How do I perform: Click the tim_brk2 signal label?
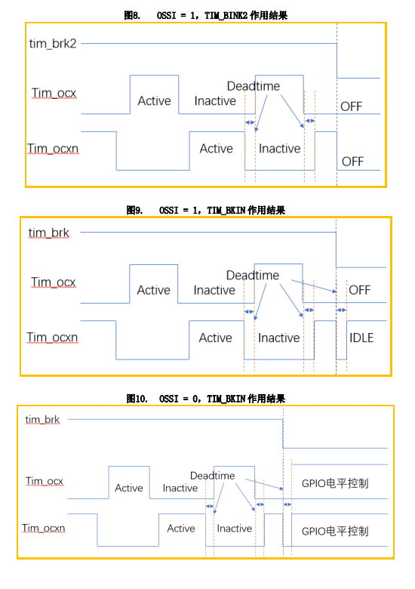53,44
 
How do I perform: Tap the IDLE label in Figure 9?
361,338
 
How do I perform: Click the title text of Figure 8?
205,14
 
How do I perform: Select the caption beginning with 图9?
205,210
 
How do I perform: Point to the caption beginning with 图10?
205,398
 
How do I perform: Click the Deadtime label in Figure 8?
253,86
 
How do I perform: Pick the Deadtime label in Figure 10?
212,476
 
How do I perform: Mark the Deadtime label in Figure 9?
252,276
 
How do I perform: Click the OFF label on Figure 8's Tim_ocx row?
352,106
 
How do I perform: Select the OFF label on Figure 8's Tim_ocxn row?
352,162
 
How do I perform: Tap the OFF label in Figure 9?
359,290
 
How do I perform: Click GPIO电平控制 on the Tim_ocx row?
335,483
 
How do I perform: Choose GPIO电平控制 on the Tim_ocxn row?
335,531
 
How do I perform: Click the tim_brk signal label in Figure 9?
49,233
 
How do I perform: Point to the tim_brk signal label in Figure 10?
43,419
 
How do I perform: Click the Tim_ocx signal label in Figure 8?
54,93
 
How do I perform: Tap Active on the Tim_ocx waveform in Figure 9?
153,290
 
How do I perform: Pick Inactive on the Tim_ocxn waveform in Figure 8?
279,149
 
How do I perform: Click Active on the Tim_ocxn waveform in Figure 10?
181,529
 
